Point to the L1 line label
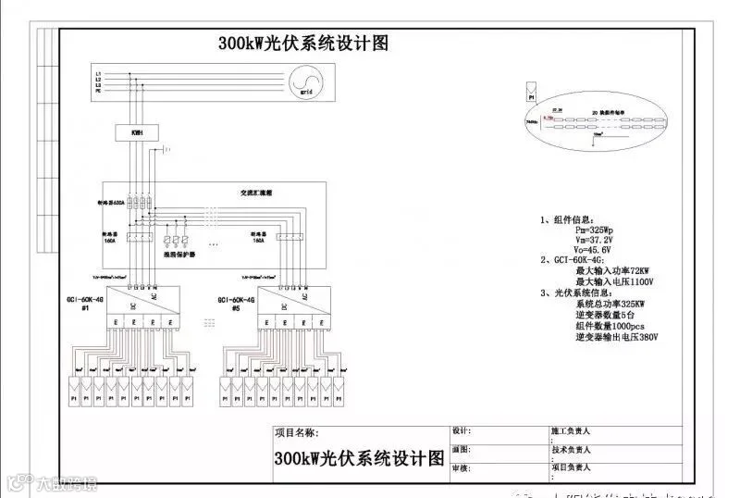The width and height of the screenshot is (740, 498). pyautogui.click(x=98, y=72)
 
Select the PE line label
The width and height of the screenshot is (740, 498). pyautogui.click(x=98, y=93)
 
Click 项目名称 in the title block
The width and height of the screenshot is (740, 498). pyautogui.click(x=298, y=432)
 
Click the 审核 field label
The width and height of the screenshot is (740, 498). pyautogui.click(x=461, y=469)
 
